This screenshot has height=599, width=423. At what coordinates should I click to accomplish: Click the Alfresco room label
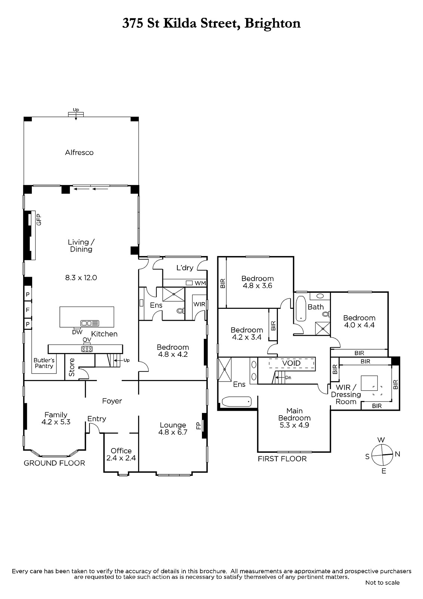click(x=79, y=153)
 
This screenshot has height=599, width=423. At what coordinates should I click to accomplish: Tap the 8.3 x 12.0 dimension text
click(x=81, y=277)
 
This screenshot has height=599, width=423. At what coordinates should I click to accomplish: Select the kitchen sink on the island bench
click(x=90, y=323)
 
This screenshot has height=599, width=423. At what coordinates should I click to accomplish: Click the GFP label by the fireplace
click(x=39, y=219)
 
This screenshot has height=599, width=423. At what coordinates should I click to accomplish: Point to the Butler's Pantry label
click(x=44, y=363)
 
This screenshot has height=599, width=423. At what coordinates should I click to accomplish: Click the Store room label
click(x=71, y=367)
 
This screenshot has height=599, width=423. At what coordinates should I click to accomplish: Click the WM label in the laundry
click(x=200, y=283)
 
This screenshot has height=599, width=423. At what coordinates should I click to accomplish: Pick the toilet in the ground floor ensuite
click(x=180, y=311)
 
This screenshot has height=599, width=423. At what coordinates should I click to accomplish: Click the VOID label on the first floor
click(x=291, y=363)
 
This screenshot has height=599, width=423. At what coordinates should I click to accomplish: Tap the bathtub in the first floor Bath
click(x=301, y=308)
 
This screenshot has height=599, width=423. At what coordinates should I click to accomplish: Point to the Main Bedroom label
click(x=294, y=418)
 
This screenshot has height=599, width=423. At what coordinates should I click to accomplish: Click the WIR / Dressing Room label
click(x=346, y=395)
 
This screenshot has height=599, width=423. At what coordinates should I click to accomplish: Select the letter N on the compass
click(x=397, y=454)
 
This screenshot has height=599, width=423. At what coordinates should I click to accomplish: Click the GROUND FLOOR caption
click(x=54, y=463)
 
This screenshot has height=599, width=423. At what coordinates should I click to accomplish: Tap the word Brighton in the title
click(x=273, y=23)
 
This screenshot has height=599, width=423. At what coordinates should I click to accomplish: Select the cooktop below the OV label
click(x=87, y=349)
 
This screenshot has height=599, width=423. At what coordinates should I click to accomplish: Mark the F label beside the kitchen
click(x=28, y=310)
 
